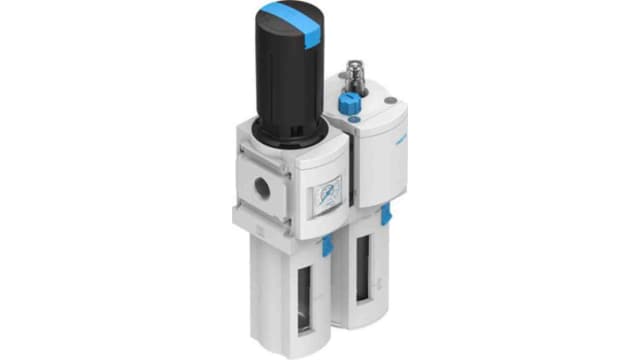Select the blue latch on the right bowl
pyautogui.click(x=383, y=213)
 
